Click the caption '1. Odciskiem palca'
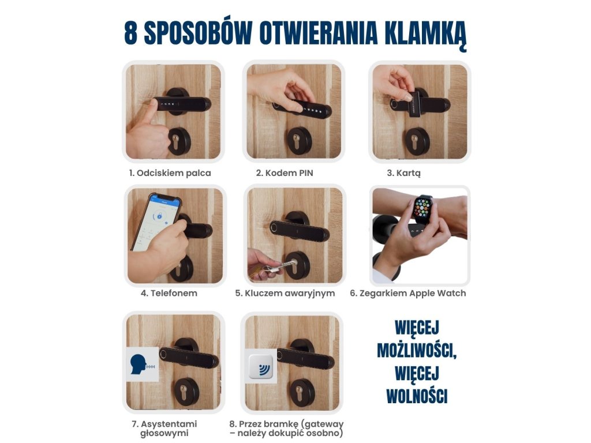click(x=170, y=173)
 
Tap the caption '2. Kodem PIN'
click(x=285, y=173)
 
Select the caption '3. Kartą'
click(x=403, y=173)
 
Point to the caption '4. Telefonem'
click(x=169, y=293)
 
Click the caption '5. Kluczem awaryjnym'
click(x=285, y=294)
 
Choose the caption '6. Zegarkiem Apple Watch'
click(x=408, y=294)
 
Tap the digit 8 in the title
click(x=131, y=33)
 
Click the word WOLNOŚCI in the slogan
click(x=417, y=397)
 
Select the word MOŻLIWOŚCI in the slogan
click(x=417, y=351)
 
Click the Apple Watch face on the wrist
click(x=423, y=209)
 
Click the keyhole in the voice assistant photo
click(x=184, y=392)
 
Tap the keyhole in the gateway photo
click(x=300, y=392)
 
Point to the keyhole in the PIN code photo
click(x=296, y=141)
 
